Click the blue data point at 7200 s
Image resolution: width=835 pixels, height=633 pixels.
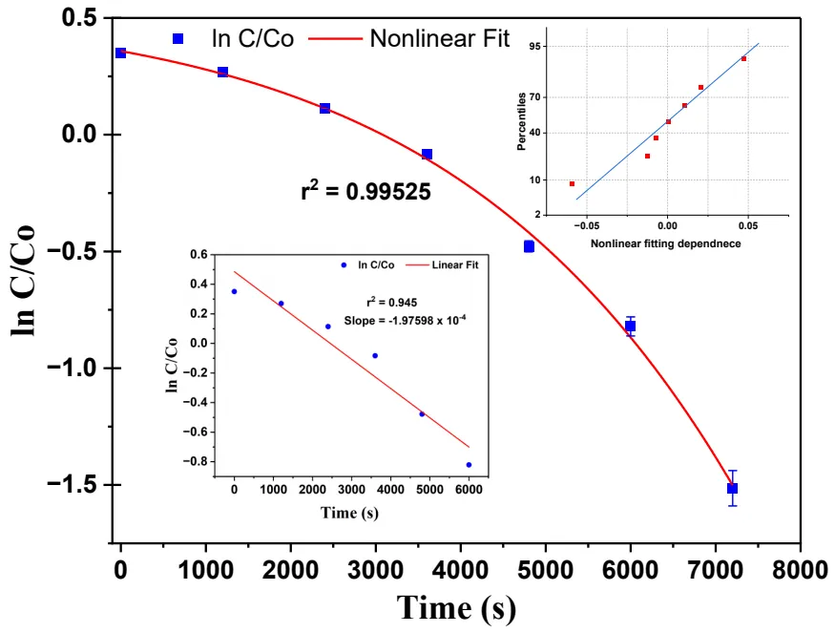click(x=732, y=488)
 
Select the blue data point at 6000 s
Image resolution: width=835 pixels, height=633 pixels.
click(x=630, y=327)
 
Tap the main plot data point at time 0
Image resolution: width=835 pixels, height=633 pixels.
click(x=120, y=53)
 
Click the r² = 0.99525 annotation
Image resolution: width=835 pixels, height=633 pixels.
click(x=366, y=191)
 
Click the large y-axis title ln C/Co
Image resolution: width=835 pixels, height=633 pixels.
click(x=25, y=279)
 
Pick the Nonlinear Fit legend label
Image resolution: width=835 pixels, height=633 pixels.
click(x=440, y=39)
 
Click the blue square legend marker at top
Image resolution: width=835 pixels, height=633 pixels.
click(x=177, y=39)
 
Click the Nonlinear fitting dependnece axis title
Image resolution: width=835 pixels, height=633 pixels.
click(x=666, y=244)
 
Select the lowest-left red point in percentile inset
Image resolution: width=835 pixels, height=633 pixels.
click(x=572, y=183)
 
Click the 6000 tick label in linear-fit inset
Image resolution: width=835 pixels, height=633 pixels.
click(x=468, y=490)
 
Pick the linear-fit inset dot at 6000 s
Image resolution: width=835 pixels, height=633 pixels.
click(x=469, y=465)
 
